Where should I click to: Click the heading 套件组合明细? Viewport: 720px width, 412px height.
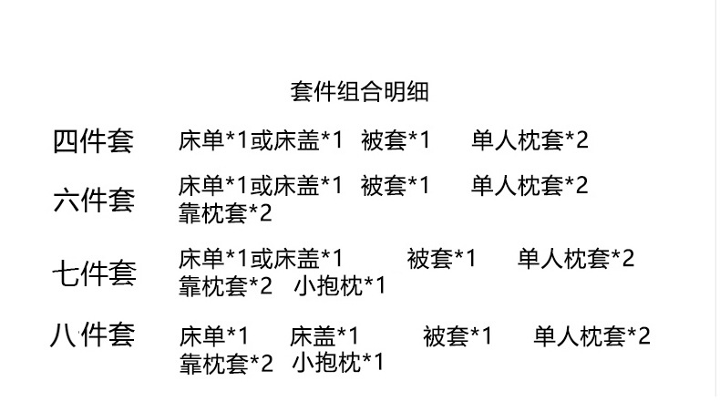(359, 92)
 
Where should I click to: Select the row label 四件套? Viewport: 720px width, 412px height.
(93, 141)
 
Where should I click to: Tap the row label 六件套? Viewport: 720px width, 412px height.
(93, 199)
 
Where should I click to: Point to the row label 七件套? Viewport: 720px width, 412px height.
(93, 272)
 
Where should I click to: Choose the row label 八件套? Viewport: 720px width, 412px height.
(92, 335)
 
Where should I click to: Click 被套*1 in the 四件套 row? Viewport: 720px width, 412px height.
(395, 140)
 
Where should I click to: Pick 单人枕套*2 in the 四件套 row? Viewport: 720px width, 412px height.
(530, 140)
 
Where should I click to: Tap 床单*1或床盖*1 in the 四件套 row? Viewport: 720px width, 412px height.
(261, 140)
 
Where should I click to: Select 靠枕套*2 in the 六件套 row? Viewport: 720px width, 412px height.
(225, 214)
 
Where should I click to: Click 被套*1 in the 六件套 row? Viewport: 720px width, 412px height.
(395, 186)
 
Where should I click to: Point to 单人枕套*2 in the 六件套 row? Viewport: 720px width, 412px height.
(530, 186)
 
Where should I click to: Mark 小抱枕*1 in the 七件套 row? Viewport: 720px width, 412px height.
(340, 286)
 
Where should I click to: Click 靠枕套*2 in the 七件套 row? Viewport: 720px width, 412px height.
(225, 286)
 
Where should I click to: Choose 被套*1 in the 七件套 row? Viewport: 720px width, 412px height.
(441, 259)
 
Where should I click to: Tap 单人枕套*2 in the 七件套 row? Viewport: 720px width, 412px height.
(576, 259)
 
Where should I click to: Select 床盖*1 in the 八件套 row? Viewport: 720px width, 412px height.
(324, 336)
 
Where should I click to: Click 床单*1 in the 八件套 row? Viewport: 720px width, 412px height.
(214, 336)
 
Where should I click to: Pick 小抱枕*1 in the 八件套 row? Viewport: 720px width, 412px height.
(338, 364)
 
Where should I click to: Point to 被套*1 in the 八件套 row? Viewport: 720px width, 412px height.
(457, 336)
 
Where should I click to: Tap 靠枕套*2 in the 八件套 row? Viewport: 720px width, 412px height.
(226, 364)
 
